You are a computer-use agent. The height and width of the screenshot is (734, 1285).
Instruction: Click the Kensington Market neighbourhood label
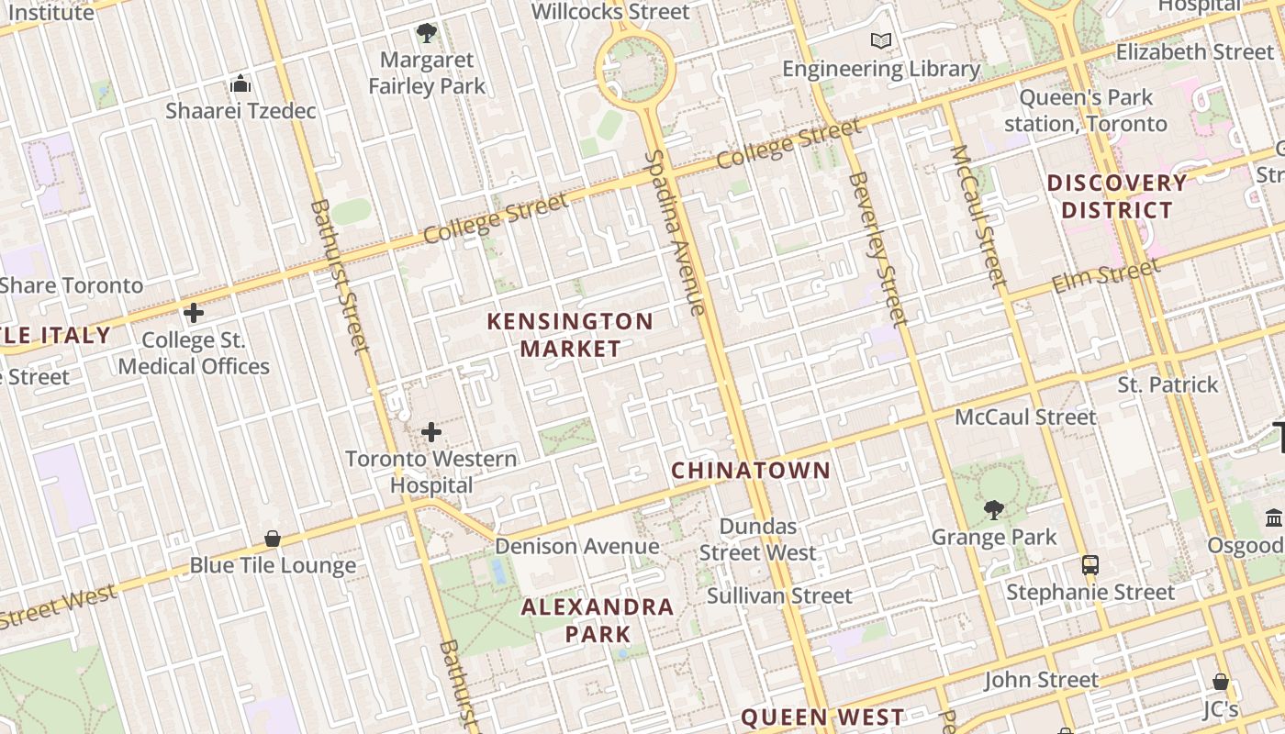(x=570, y=335)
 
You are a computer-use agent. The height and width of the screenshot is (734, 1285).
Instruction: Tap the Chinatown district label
(x=751, y=471)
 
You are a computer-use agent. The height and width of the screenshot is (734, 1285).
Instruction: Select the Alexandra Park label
(x=598, y=620)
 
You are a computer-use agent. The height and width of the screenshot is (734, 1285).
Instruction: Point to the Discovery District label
(x=1117, y=196)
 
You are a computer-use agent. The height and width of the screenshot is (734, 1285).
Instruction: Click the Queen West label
(x=822, y=717)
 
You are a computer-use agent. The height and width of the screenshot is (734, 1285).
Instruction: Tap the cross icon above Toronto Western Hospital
(x=431, y=432)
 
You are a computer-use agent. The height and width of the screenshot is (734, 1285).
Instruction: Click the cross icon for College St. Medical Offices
(x=194, y=313)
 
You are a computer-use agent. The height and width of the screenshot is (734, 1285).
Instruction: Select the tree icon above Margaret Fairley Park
(x=426, y=34)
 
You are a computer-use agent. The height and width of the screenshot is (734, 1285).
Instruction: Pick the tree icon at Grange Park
(x=993, y=509)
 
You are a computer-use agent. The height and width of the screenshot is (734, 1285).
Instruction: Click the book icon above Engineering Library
(x=881, y=41)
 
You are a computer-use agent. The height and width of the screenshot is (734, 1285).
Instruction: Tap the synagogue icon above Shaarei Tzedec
(x=240, y=84)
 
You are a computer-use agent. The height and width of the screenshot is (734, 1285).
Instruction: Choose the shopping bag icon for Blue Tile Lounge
(x=273, y=539)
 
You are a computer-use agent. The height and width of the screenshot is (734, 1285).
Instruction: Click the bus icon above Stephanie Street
(x=1089, y=565)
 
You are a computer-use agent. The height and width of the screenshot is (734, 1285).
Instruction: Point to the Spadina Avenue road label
(x=675, y=233)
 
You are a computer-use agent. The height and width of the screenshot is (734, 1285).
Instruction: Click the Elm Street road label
(x=1105, y=276)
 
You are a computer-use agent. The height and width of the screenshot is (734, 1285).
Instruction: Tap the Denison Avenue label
(x=576, y=547)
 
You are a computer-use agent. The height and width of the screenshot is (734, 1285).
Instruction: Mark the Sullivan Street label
(x=779, y=596)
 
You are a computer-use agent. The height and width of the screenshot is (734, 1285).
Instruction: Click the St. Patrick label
(x=1168, y=384)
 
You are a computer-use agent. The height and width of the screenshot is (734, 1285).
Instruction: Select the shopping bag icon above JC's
(x=1221, y=682)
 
